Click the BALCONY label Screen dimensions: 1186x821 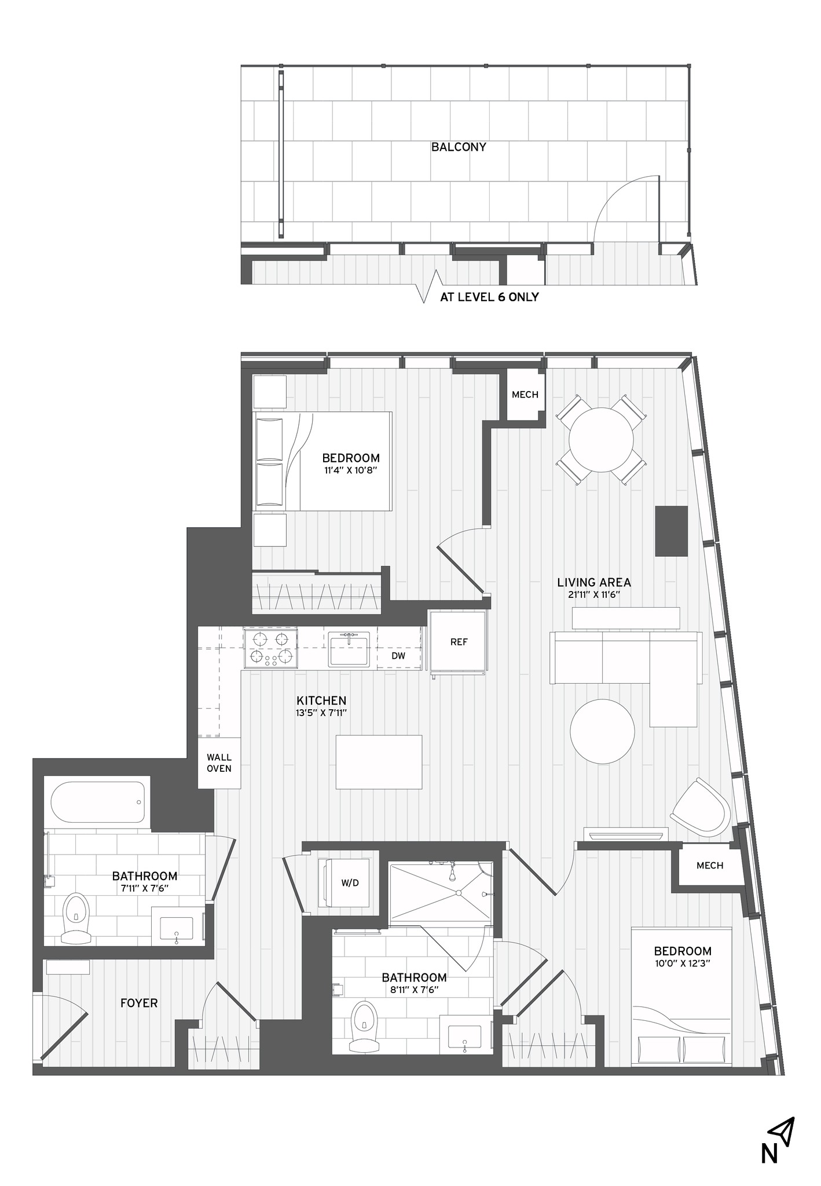459,147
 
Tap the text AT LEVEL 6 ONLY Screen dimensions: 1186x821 489,297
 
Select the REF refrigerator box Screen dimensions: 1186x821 458,642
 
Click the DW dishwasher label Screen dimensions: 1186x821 398,656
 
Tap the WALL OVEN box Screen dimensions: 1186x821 219,763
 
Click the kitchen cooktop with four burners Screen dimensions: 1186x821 269,648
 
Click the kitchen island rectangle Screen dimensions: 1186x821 379,761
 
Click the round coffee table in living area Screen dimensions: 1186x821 602,731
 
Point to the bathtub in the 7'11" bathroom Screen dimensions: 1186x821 97,802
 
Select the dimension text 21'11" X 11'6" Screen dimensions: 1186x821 594,594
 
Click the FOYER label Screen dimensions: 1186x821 139,1003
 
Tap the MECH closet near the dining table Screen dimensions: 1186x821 525,395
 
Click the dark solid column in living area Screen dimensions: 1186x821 672,531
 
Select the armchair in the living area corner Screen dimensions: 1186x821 702,807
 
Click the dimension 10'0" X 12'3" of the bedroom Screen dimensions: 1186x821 682,963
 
